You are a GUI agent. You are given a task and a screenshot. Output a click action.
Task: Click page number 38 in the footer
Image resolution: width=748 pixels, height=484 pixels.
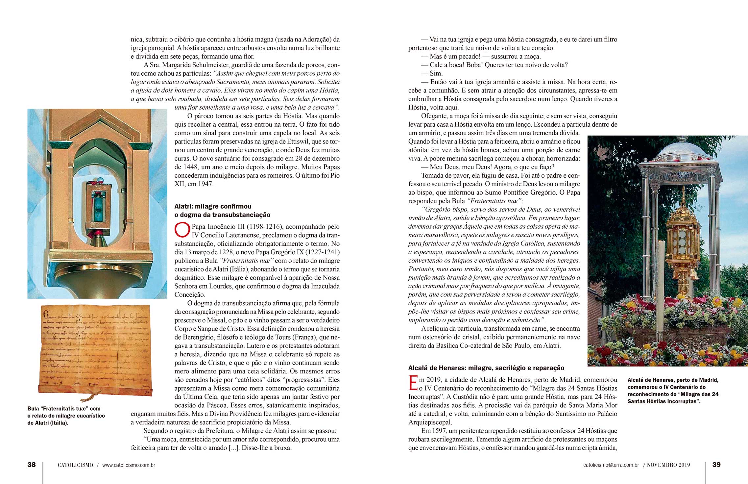(x=32, y=465)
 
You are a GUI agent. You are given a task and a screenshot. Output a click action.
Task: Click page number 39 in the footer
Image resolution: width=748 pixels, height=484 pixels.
(x=716, y=465)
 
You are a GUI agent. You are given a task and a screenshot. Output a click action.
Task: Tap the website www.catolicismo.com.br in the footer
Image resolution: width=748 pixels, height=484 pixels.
(x=129, y=465)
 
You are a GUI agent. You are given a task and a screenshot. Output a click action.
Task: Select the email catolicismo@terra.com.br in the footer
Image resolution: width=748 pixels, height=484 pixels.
(x=611, y=465)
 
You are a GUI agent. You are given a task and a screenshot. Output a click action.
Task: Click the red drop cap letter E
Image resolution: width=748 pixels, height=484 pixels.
(x=413, y=384)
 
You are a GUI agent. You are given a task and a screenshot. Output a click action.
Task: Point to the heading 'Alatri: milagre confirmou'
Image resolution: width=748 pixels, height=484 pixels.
(x=213, y=206)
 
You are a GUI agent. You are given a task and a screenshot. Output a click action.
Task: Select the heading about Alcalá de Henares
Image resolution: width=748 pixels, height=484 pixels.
(x=486, y=368)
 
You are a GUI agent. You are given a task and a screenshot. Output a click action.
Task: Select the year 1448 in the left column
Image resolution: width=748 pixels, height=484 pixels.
(x=191, y=167)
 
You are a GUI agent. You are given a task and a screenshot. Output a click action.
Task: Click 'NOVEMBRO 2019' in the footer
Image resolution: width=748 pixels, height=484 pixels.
(x=668, y=465)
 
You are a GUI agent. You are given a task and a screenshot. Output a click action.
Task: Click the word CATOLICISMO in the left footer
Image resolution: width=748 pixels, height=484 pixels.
(x=75, y=465)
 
